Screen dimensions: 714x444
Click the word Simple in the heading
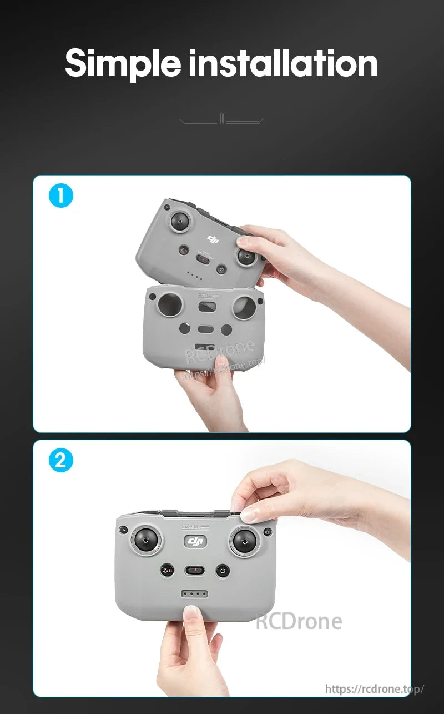(x=123, y=63)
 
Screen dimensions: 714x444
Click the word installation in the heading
(x=283, y=63)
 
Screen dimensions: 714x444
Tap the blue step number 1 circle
(x=60, y=196)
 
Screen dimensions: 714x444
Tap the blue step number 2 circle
(x=60, y=461)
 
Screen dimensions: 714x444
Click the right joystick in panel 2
(x=245, y=541)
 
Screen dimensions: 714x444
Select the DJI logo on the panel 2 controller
(x=194, y=541)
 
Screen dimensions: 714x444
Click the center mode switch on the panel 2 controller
(x=195, y=570)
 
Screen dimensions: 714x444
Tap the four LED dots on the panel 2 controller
(x=195, y=593)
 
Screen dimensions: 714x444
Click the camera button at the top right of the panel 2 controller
(x=268, y=532)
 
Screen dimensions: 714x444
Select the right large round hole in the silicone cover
(x=245, y=307)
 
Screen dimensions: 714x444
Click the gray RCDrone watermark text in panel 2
(x=299, y=621)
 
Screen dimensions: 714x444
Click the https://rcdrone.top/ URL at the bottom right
(x=374, y=689)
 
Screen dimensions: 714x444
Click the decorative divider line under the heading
(x=222, y=119)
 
